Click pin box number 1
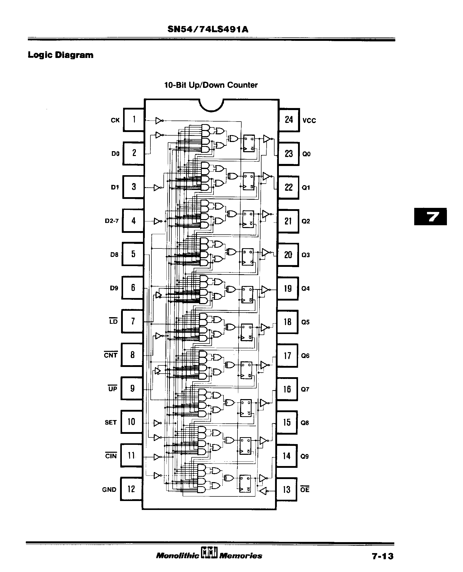coord(134,120)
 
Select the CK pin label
coord(115,120)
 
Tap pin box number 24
coord(289,120)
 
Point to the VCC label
coord(309,121)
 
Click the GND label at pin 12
coord(109,490)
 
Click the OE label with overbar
coord(305,490)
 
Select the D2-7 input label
coord(112,221)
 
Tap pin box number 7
coord(133,321)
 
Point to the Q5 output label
coord(305,322)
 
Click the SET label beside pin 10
coord(111,422)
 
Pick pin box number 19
coord(288,289)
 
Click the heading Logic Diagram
coord(61,55)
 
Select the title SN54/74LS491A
coord(208,29)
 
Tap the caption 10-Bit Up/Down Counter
coord(211,85)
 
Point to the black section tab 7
coord(430,217)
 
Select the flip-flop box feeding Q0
coord(249,143)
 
